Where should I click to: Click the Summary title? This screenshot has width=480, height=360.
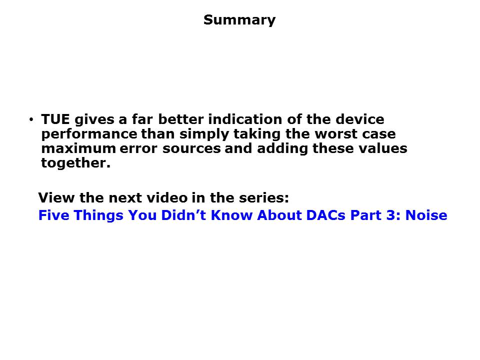coord(239,20)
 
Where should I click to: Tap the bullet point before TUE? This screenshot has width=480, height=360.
coord(31,119)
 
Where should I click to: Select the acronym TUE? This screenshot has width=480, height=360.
coord(55,119)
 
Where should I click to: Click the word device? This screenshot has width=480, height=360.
coord(360,119)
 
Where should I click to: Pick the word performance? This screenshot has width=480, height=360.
coord(89,134)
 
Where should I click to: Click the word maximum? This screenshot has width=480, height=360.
coord(78,148)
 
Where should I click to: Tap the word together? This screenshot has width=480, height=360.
coord(75,163)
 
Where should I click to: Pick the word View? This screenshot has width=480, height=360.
coord(56,198)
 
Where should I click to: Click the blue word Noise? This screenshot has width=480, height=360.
coord(426,215)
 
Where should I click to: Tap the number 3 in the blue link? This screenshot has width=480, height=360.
coord(391,215)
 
